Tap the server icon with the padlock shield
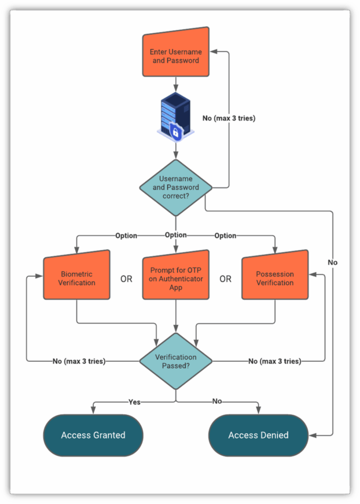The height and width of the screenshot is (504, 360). (x=176, y=116)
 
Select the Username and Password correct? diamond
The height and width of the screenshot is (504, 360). (x=176, y=188)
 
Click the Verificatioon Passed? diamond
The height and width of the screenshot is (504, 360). (x=176, y=361)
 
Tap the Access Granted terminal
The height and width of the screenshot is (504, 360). (x=93, y=435)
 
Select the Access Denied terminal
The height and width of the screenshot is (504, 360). (x=258, y=435)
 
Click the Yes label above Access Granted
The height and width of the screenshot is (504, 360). (x=134, y=402)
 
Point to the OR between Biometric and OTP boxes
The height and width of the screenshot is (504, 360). (x=126, y=279)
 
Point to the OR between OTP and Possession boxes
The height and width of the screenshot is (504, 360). (x=225, y=279)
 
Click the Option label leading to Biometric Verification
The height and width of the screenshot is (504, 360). (x=126, y=236)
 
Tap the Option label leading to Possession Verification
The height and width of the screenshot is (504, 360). (x=225, y=236)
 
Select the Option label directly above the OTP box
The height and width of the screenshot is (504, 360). (x=176, y=235)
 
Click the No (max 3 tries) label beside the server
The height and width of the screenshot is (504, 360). (x=229, y=119)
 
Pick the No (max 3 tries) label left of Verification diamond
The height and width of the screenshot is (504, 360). (x=79, y=361)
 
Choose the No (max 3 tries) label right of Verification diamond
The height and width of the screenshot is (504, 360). (x=274, y=361)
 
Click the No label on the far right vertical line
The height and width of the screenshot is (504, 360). (x=333, y=262)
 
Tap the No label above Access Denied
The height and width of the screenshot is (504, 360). (x=217, y=402)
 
